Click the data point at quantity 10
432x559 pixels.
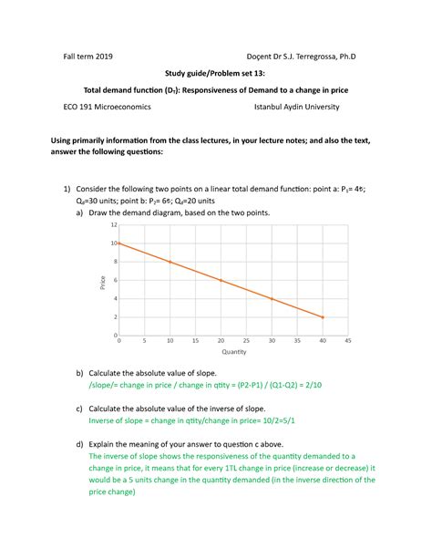click(170, 262)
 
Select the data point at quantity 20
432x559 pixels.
click(221, 280)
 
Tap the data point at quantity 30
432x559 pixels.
click(272, 298)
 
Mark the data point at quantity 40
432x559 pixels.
click(323, 316)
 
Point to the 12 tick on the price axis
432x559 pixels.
click(114, 224)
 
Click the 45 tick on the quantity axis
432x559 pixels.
click(348, 342)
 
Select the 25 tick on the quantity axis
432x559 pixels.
click(246, 342)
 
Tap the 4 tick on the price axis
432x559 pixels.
click(115, 298)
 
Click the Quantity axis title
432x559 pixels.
click(233, 352)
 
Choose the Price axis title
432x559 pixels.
click(104, 281)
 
